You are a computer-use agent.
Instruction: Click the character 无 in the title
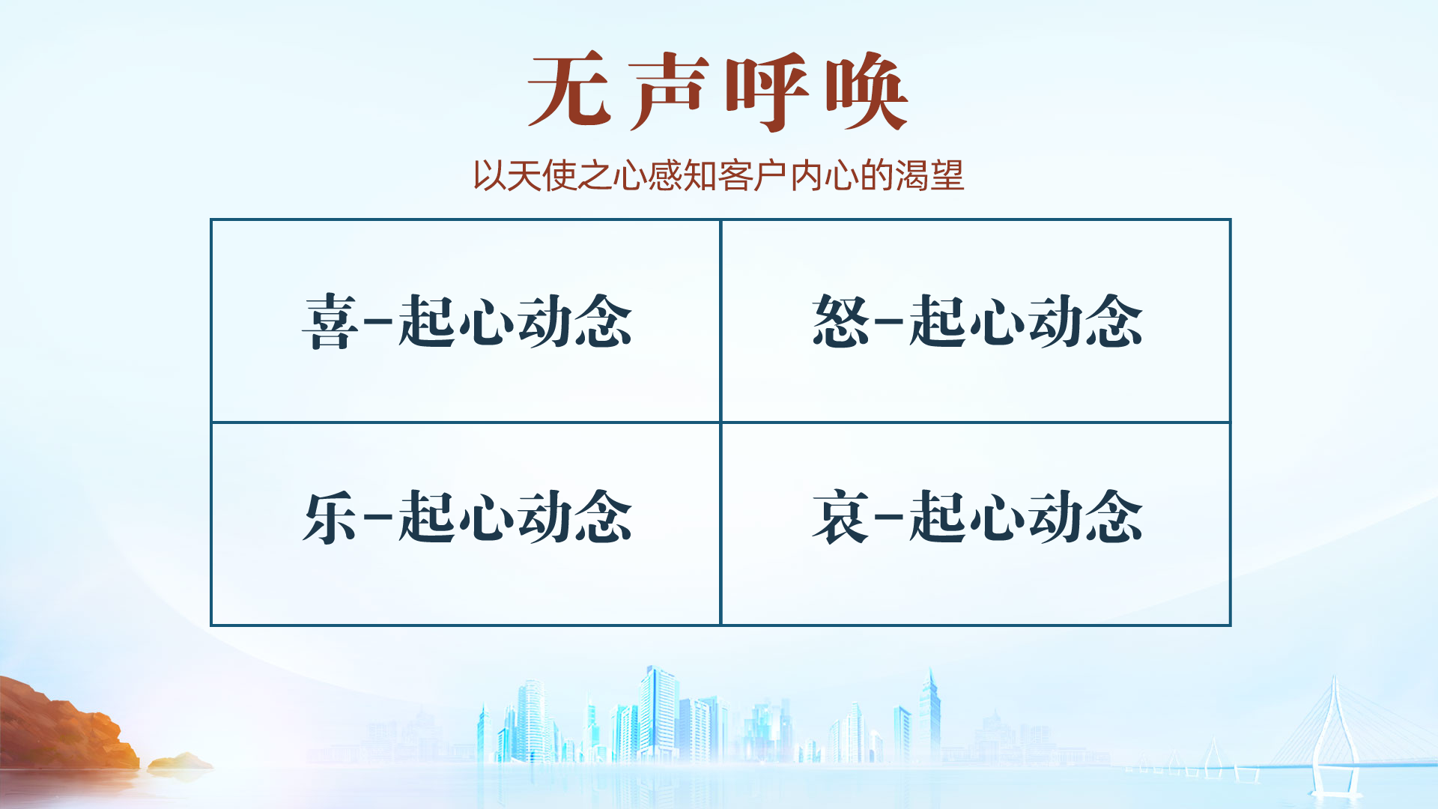click(568, 90)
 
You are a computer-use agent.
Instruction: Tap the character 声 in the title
click(668, 91)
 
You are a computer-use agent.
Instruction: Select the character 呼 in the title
click(767, 91)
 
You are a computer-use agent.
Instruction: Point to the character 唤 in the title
click(867, 91)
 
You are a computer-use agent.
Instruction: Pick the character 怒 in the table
click(840, 320)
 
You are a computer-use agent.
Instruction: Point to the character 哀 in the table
click(840, 516)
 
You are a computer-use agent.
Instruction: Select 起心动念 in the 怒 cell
click(1026, 321)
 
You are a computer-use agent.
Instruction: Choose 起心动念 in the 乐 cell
click(515, 516)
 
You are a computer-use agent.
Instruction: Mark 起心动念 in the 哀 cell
click(1026, 516)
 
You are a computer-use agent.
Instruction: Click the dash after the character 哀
click(888, 517)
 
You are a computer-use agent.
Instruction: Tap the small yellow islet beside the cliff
click(180, 763)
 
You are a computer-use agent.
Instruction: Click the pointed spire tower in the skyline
click(930, 715)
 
